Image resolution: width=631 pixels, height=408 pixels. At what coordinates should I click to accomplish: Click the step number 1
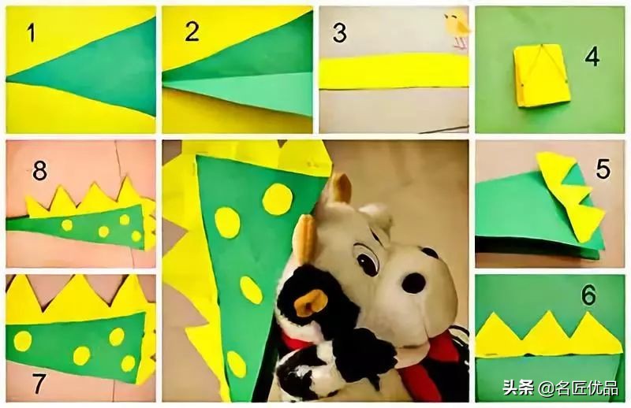coord(31,32)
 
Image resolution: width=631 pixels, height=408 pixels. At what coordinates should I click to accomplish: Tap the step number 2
coord(192,32)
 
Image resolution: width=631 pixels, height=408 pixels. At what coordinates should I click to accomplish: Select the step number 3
coord(340,32)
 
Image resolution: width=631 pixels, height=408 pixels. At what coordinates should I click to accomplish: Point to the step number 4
coord(592,57)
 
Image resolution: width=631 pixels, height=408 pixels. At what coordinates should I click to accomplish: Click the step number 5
coord(603,169)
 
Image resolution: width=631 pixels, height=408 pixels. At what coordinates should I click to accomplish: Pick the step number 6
coord(588,295)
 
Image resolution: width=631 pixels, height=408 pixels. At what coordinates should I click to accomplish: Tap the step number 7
coord(39,384)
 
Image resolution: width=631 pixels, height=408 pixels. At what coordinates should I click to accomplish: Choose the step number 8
coord(39,170)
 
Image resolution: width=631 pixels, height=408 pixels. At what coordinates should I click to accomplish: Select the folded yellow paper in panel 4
coord(542,76)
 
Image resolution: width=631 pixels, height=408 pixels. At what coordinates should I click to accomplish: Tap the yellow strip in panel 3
coord(394,71)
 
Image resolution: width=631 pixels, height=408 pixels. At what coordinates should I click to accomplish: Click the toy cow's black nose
coord(413,283)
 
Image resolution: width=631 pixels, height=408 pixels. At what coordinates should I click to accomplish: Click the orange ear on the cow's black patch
coord(311,302)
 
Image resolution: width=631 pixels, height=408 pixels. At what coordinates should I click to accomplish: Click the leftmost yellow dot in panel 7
coord(23,341)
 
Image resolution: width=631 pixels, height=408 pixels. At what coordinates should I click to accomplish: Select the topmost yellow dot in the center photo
coord(278,199)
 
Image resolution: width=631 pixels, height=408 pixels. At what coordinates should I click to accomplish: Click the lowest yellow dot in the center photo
coord(236,364)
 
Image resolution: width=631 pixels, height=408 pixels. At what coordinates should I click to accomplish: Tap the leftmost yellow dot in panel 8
coord(67,225)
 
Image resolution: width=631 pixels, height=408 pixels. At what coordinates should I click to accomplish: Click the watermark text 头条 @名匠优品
coord(560,388)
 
